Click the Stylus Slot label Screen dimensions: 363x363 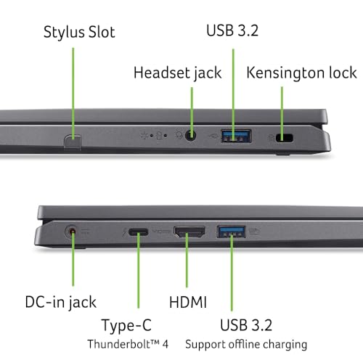coord(79,32)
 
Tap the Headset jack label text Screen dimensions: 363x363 coord(178,73)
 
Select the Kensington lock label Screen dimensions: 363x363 coord(301,73)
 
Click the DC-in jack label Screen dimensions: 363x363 coord(61,303)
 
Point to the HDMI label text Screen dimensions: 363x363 coord(188,302)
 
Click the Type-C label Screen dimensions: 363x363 coord(126,325)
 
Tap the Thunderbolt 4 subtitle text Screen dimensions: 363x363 coord(128,344)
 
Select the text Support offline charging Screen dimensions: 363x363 coord(246,344)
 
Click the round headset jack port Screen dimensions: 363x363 coord(190,135)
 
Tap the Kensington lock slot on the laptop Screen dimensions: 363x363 coord(285,138)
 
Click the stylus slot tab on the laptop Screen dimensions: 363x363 coord(73,141)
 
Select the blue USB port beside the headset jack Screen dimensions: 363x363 coord(236,136)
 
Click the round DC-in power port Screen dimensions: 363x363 coord(72,232)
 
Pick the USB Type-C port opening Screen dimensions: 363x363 coord(138,232)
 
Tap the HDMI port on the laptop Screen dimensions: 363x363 coord(189,232)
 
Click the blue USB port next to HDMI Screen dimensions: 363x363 coord(231,232)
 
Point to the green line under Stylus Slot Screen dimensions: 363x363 coord(73,94)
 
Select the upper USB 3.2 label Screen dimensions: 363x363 coord(232,30)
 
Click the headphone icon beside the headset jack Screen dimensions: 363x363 coord(179,135)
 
